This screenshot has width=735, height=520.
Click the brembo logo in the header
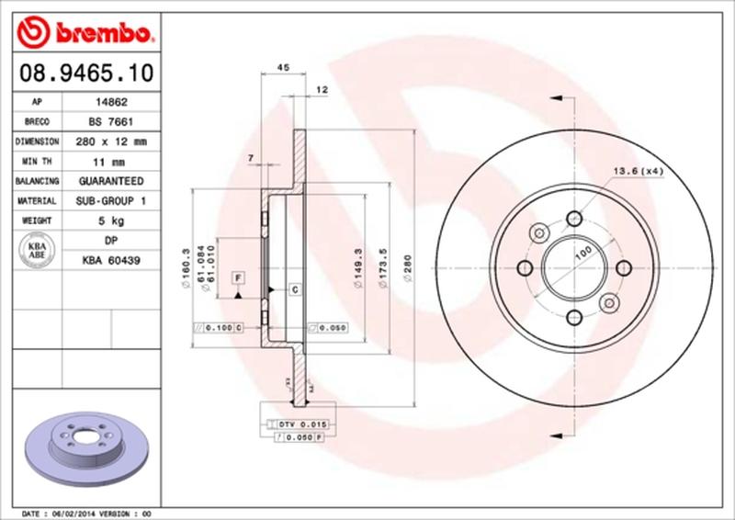pyautogui.click(x=84, y=34)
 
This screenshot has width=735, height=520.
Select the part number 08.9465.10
pyautogui.click(x=84, y=72)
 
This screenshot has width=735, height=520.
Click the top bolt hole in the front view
pyautogui.click(x=575, y=218)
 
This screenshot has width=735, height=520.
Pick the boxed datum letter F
pyautogui.click(x=237, y=277)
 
